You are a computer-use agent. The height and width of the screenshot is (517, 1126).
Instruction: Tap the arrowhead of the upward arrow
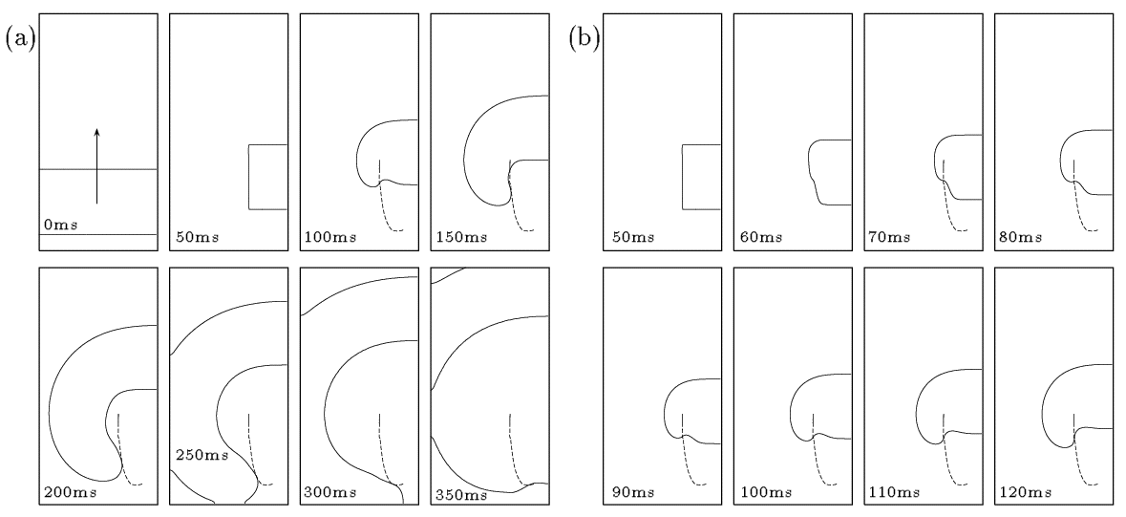coord(97,131)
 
